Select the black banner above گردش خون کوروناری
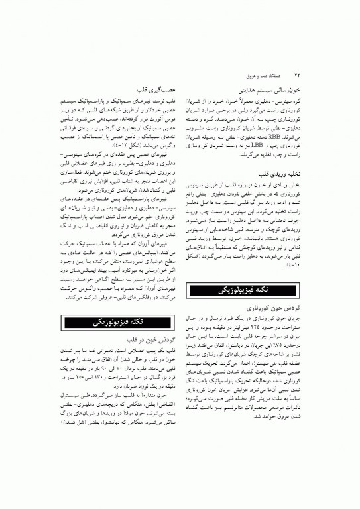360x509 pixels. [x=246, y=290]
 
